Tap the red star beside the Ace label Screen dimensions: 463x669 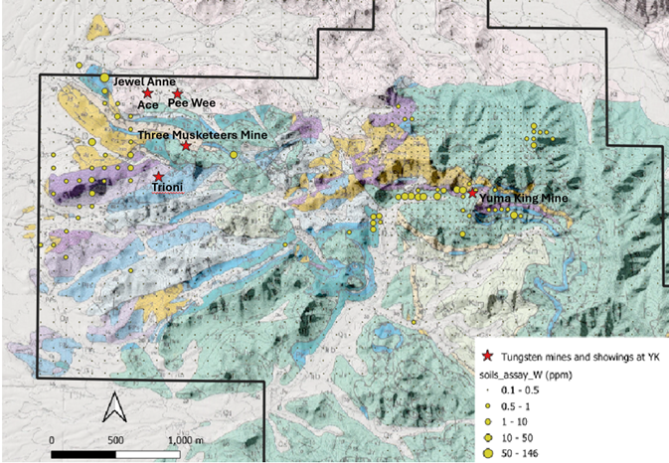coord(147,93)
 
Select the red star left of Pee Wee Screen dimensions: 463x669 coord(178,93)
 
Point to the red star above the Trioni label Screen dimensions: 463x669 coord(159,177)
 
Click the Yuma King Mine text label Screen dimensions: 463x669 coord(524,199)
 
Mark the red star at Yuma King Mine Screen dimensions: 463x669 coord(472,195)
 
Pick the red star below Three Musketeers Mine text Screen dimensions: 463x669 coord(186,147)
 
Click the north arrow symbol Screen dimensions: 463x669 coord(114,407)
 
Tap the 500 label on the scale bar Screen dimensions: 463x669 coord(115,438)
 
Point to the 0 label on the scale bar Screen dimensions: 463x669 coord(51,438)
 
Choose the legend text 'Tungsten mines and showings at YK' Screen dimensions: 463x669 coord(576,357)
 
